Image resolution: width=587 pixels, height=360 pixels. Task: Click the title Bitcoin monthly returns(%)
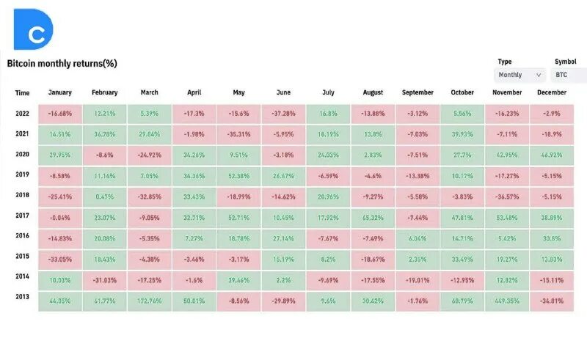[62, 64]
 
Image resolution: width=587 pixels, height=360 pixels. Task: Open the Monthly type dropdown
[520, 75]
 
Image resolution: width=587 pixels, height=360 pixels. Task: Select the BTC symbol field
[569, 75]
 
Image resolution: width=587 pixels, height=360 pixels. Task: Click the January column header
[59, 92]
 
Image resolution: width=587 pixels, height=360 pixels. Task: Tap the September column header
[418, 92]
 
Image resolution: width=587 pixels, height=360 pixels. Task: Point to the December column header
[551, 92]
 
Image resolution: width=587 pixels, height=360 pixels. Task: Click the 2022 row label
[22, 114]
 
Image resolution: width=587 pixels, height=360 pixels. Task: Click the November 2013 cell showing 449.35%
[508, 301]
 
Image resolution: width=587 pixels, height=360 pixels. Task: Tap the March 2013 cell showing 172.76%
[150, 301]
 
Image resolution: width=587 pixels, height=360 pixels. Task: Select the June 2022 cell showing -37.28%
[284, 114]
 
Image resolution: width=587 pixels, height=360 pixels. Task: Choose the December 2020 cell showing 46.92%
[551, 156]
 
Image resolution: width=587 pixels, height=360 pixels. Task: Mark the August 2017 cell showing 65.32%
[373, 218]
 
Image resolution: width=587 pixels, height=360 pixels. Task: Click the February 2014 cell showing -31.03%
[105, 280]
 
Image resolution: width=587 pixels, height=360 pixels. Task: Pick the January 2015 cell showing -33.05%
[59, 260]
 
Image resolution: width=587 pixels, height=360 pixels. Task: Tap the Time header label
[22, 93]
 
